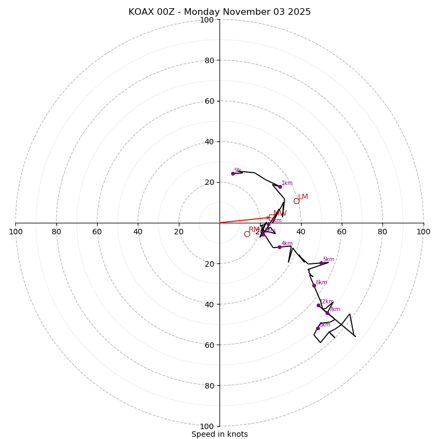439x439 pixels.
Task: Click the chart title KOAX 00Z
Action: (219, 12)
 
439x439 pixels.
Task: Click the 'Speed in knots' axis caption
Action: (219, 435)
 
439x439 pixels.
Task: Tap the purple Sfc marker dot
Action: (233, 173)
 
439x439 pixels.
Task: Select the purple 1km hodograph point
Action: (280, 187)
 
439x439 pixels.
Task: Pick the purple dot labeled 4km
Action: (279, 247)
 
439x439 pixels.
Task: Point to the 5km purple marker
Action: (321, 263)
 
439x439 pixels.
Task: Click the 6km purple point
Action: (314, 285)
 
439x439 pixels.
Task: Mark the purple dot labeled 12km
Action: (318, 305)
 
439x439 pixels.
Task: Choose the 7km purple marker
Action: (327, 313)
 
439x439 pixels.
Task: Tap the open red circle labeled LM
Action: (296, 201)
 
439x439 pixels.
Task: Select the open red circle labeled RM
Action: (247, 234)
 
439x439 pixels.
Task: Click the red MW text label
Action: (280, 213)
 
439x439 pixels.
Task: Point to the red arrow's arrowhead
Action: (269, 217)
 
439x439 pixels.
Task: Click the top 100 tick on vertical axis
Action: (207, 20)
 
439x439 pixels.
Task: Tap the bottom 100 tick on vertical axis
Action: (207, 426)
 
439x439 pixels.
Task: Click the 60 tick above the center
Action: (209, 101)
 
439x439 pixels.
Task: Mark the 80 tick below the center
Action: (209, 386)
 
